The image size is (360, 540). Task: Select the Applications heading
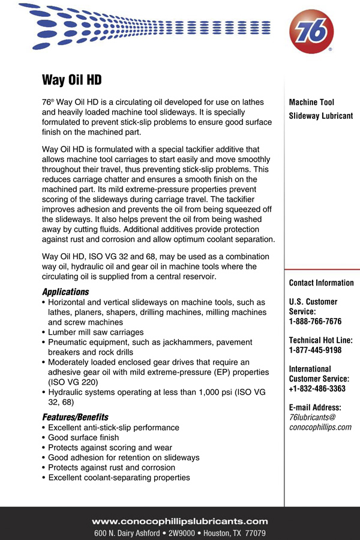[65, 292]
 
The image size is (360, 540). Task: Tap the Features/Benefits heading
[75, 417]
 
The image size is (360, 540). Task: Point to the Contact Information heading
[321, 283]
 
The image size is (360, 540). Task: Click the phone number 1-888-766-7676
[315, 322]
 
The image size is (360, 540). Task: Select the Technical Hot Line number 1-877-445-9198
[315, 350]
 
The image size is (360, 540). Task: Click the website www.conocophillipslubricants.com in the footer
[180, 521]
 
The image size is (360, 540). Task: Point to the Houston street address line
[180, 533]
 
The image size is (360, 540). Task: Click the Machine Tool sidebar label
[311, 103]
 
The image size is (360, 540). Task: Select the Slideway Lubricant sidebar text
[321, 116]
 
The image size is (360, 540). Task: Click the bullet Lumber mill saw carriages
[95, 332]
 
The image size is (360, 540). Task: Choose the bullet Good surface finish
[83, 437]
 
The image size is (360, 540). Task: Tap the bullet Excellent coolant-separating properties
[119, 478]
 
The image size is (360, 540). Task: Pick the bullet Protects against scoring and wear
[110, 448]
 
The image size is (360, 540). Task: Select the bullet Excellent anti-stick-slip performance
[113, 428]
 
